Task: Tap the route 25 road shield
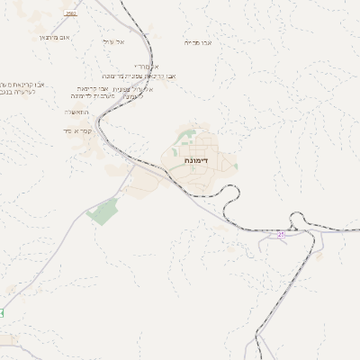281,234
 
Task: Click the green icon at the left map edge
2,312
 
